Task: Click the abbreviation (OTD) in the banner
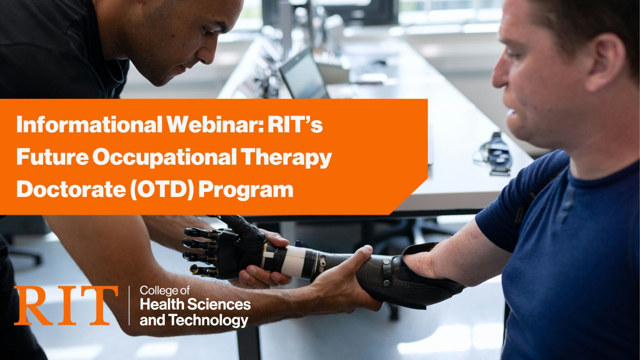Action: tap(162, 189)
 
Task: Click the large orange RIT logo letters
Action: tap(66, 305)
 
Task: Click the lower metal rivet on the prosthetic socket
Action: tap(386, 283)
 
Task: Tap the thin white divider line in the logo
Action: tap(129, 305)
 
